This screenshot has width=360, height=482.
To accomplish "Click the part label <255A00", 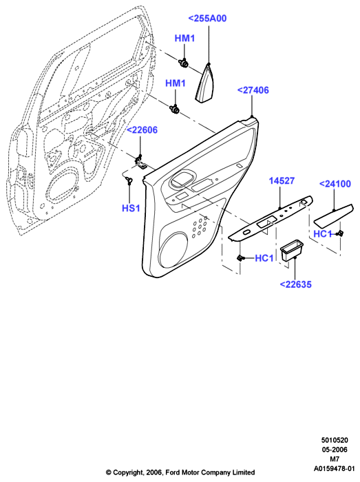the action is click(x=207, y=19).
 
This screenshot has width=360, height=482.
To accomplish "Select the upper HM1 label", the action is click(x=184, y=39).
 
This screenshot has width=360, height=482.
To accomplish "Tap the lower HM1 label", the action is click(x=176, y=83).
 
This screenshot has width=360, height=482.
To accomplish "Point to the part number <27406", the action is click(x=253, y=90).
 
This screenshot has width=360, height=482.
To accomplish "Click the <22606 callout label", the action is click(x=142, y=130).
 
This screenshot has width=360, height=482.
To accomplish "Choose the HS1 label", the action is click(x=131, y=208).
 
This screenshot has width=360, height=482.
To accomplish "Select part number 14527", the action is click(x=282, y=180).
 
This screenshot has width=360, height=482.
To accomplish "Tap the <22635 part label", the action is click(x=295, y=284).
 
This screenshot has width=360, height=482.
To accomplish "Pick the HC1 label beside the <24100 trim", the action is click(x=323, y=234).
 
